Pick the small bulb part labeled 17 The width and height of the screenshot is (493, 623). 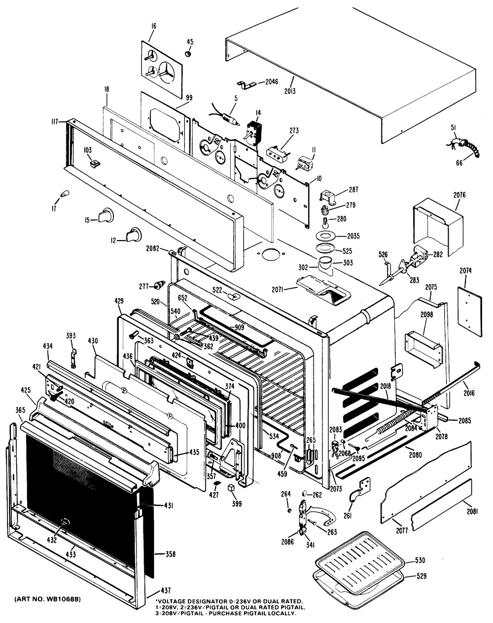click(64, 195)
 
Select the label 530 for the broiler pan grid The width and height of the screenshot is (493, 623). click(421, 560)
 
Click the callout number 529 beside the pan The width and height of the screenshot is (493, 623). click(421, 575)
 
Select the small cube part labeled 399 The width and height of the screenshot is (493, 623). click(230, 488)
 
